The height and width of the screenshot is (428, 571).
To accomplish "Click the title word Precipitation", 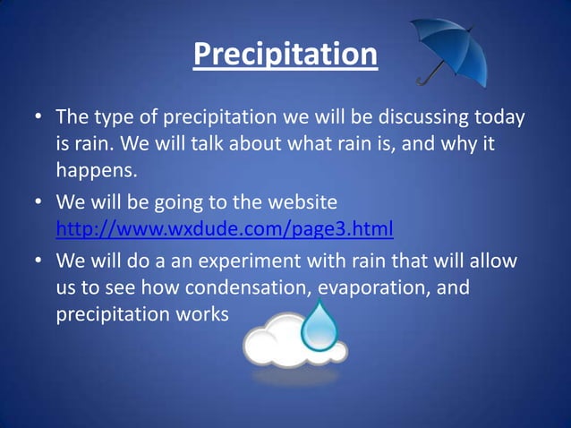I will coord(285,55).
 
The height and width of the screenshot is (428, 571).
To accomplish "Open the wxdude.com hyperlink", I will coord(225,229).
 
